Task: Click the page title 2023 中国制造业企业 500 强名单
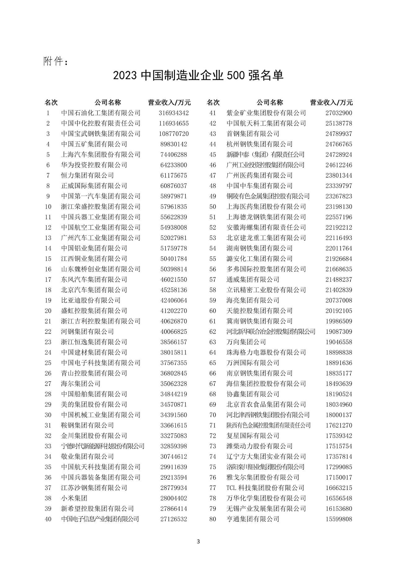pos(198,75)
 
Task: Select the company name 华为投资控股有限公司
pos(94,165)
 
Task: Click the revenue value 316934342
pos(174,113)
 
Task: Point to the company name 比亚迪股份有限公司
pos(91,300)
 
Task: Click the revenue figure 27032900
pos(339,113)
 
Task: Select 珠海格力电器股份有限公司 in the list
pos(266,352)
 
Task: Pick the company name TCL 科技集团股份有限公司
pos(265,488)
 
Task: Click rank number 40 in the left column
pos(48,519)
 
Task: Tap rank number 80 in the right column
pos(212,519)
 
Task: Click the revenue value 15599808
pos(339,519)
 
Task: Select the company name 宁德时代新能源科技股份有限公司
pos(103,446)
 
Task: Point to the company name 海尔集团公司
pos(81,384)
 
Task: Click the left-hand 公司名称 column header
pos(108,102)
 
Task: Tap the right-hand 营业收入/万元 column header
pos(331,102)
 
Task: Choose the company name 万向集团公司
pos(246,342)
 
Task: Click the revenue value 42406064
pos(174,300)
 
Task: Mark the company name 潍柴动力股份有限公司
pos(260,446)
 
